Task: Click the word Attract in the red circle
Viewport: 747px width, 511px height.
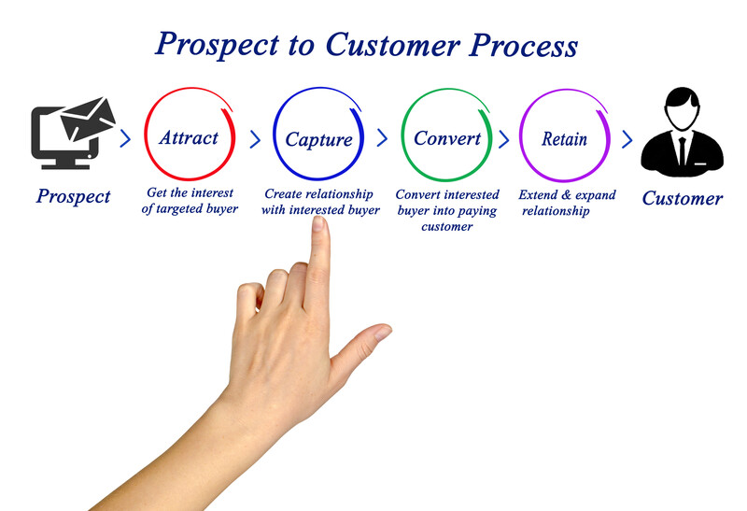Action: (189, 137)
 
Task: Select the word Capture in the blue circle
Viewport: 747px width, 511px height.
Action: (318, 140)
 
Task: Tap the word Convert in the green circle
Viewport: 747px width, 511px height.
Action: (446, 138)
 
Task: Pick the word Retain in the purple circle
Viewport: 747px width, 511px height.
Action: (564, 139)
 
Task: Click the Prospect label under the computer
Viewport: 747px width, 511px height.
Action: (73, 196)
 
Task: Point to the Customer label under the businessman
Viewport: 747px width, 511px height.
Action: (682, 198)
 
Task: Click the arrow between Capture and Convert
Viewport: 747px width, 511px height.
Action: (382, 138)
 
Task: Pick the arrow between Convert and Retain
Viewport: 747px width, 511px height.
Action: (504, 139)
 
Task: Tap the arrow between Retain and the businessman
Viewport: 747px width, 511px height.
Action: (627, 139)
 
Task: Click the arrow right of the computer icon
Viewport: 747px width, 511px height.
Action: (126, 139)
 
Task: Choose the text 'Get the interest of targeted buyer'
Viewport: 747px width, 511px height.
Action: (191, 201)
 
